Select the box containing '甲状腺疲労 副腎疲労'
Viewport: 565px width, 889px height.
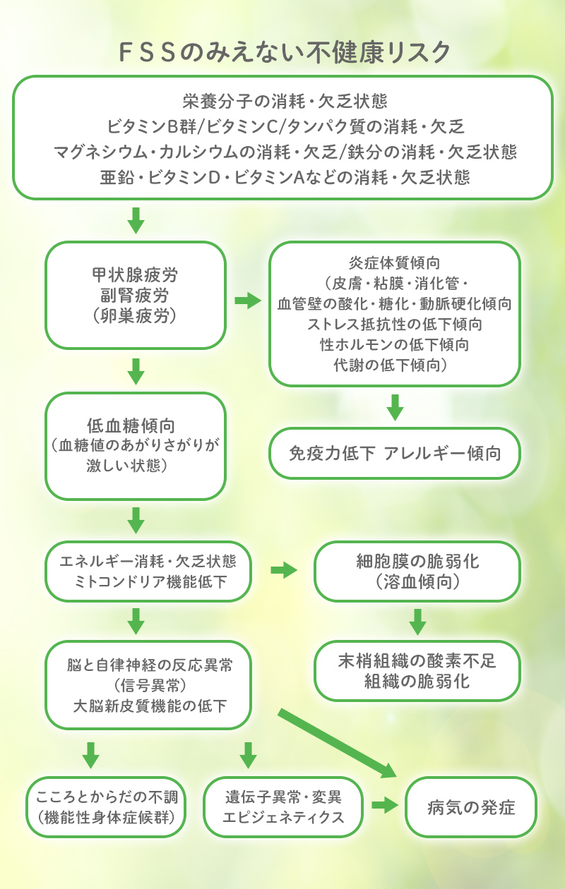click(x=136, y=295)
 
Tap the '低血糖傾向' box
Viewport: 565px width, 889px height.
click(x=136, y=446)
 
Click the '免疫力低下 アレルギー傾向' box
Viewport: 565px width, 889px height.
click(x=395, y=453)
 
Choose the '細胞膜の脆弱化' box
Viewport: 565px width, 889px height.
click(x=417, y=571)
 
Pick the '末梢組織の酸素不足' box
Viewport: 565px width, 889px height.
click(x=417, y=671)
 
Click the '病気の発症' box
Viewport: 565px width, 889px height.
click(x=471, y=807)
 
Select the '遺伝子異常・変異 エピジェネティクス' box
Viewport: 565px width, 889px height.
click(x=283, y=807)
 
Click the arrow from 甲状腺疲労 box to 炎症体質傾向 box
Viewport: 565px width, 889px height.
click(x=247, y=301)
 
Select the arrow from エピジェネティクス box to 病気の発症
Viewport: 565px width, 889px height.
click(x=382, y=805)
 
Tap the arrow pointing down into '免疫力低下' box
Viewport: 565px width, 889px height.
click(x=395, y=407)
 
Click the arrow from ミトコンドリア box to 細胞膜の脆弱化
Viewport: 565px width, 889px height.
click(x=283, y=570)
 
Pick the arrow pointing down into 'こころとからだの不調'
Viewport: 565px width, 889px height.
click(x=90, y=754)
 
